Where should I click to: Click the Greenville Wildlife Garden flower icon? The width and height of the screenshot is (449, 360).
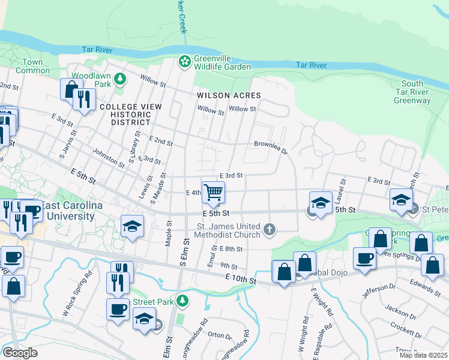[184, 61]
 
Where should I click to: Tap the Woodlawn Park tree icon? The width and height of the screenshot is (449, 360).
[120, 78]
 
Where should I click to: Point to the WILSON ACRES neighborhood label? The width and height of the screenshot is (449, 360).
[229, 95]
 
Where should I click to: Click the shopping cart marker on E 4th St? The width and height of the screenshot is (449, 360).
[213, 192]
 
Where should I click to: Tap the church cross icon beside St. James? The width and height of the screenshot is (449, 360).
[270, 229]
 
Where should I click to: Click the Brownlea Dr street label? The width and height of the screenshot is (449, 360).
[271, 144]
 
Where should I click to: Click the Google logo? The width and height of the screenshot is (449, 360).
[20, 353]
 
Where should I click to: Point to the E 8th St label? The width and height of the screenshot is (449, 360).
[231, 249]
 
